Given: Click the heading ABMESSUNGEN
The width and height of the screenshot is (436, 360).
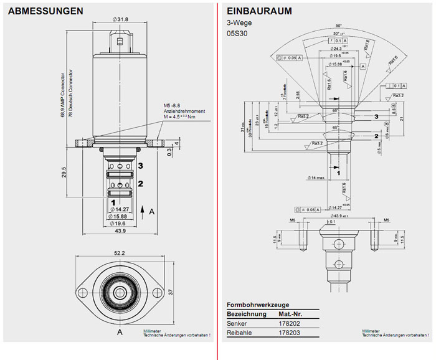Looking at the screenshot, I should click(x=45, y=11).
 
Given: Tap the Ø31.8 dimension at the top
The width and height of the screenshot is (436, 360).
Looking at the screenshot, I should click(x=120, y=20).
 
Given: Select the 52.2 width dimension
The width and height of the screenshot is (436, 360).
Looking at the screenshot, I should click(x=119, y=253).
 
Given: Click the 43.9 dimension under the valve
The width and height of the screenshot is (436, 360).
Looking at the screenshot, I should click(x=120, y=230).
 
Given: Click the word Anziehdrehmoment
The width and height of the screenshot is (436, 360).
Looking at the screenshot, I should click(x=179, y=111).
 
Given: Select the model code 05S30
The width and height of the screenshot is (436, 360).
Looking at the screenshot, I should click(x=237, y=34).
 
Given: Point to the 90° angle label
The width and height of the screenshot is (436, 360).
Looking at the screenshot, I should click(x=338, y=26).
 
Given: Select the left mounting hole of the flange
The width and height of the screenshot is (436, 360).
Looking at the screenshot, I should click(x=83, y=291).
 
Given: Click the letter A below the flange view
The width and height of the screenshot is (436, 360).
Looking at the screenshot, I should click(x=120, y=333).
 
